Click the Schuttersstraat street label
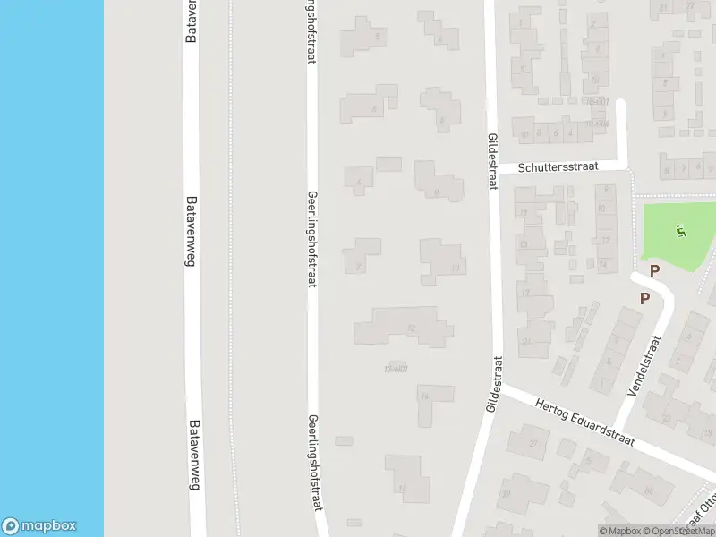(560, 167)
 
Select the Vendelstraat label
(649, 366)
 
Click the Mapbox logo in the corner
(39, 526)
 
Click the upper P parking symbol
(654, 270)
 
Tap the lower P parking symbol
(644, 299)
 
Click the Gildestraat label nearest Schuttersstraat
(492, 161)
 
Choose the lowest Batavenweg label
(194, 456)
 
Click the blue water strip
(52, 268)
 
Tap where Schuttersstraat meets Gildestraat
(491, 170)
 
